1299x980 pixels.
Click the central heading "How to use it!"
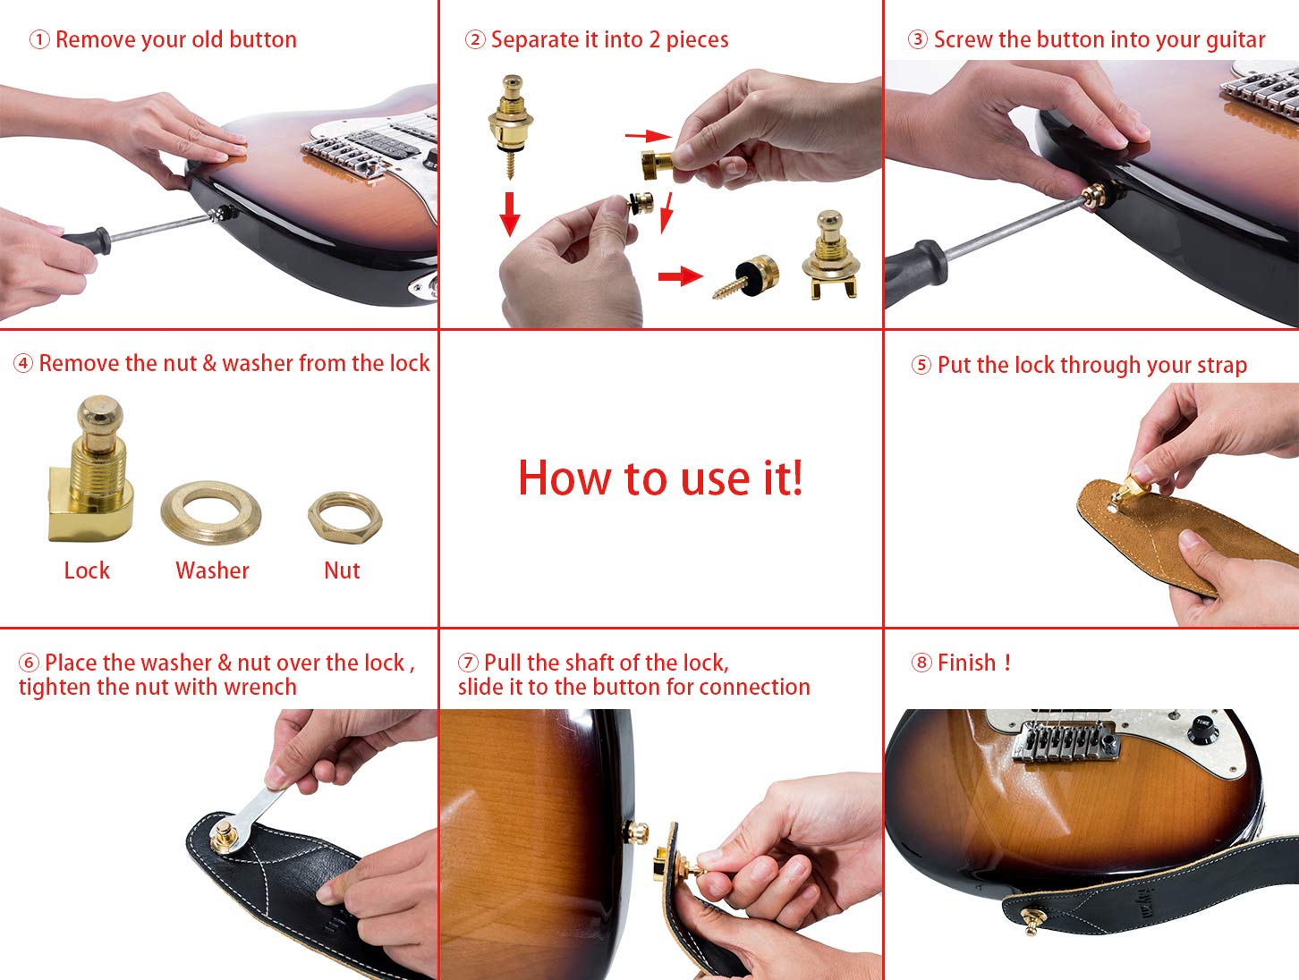(660, 477)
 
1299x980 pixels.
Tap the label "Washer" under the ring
(212, 570)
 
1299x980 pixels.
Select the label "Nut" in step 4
(342, 570)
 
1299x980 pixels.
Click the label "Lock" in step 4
(87, 570)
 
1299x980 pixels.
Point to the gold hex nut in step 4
(344, 516)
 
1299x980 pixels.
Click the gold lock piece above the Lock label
(92, 474)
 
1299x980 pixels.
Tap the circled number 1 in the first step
(39, 40)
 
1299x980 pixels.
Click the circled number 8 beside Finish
(921, 663)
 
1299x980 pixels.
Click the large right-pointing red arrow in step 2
(680, 275)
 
